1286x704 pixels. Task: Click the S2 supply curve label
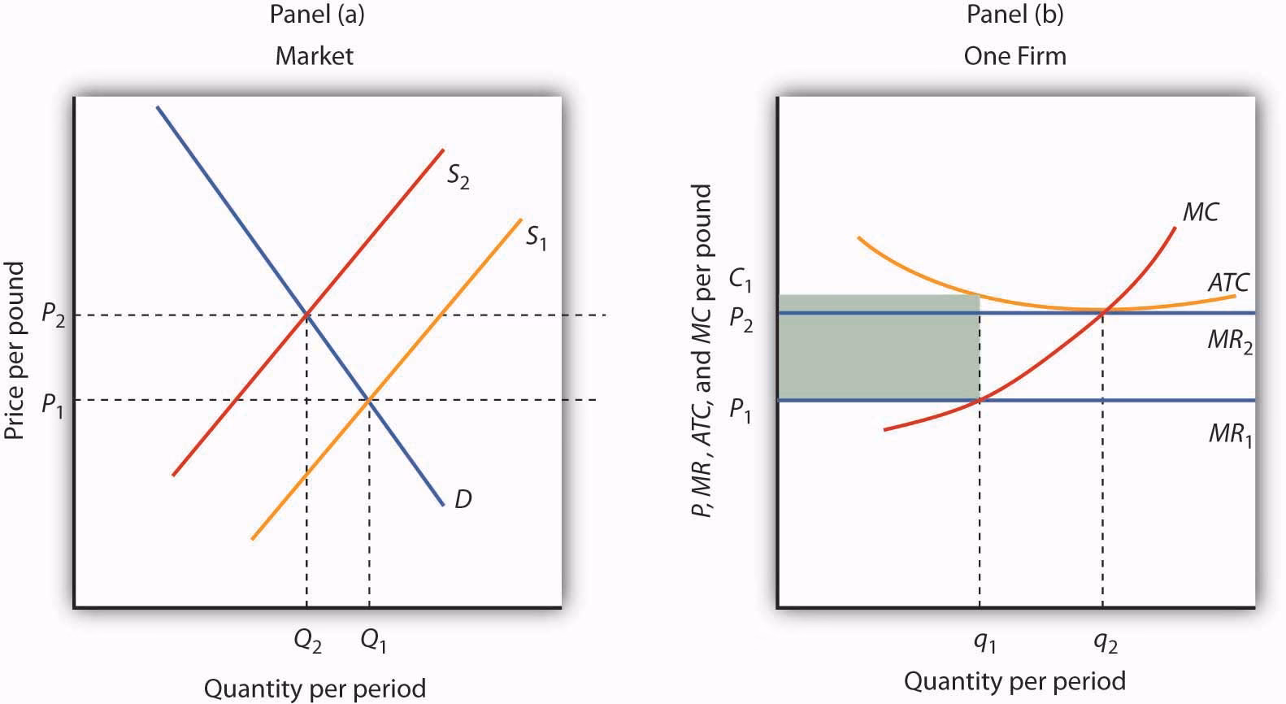point(458,176)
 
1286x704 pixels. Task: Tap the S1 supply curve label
point(535,237)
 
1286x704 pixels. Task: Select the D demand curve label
point(463,498)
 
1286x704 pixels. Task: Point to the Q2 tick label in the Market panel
point(307,641)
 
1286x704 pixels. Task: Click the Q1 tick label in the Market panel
point(373,641)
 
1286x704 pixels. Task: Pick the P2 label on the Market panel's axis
point(53,316)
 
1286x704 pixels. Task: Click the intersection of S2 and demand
point(306,314)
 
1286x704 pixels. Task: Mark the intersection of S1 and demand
point(369,399)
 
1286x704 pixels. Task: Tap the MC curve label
point(1200,213)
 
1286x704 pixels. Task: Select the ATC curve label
point(1227,283)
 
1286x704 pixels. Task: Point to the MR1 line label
point(1229,434)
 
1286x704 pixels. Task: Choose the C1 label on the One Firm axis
point(740,281)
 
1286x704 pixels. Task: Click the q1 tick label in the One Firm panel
point(984,643)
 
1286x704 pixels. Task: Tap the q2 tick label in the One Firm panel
point(1106,643)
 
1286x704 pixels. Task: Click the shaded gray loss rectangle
point(878,348)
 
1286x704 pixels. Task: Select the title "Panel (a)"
point(315,15)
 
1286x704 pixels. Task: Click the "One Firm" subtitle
point(1014,55)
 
